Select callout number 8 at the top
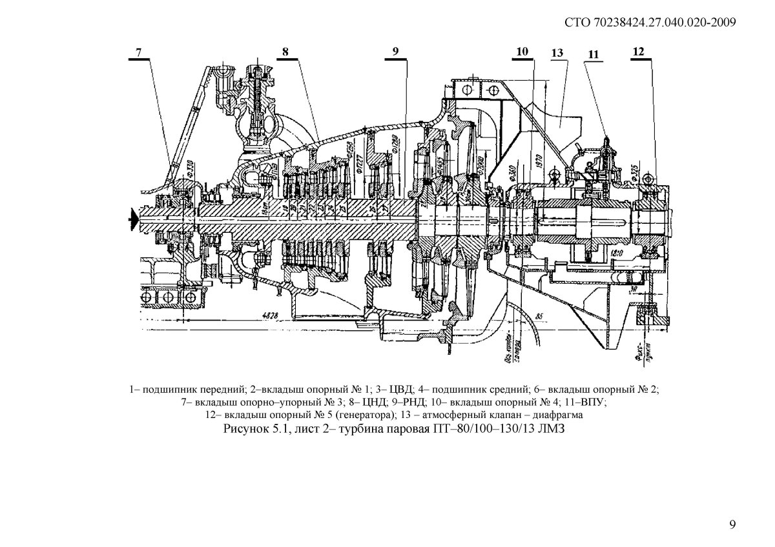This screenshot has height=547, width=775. point(286,53)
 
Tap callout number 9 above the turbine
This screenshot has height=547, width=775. point(395,53)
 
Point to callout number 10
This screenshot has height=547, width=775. point(522,52)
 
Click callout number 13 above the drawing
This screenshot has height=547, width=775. point(557,54)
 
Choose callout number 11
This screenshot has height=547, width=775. point(593,54)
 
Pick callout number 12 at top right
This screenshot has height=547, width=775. point(638,52)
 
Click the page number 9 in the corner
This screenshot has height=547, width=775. point(732,524)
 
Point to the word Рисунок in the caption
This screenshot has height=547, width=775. point(243,429)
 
